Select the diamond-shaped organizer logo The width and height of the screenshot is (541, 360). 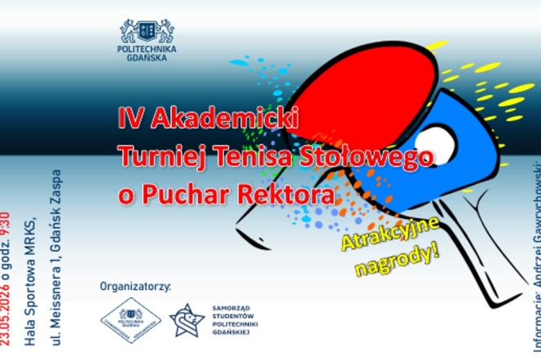tap(130, 321)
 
